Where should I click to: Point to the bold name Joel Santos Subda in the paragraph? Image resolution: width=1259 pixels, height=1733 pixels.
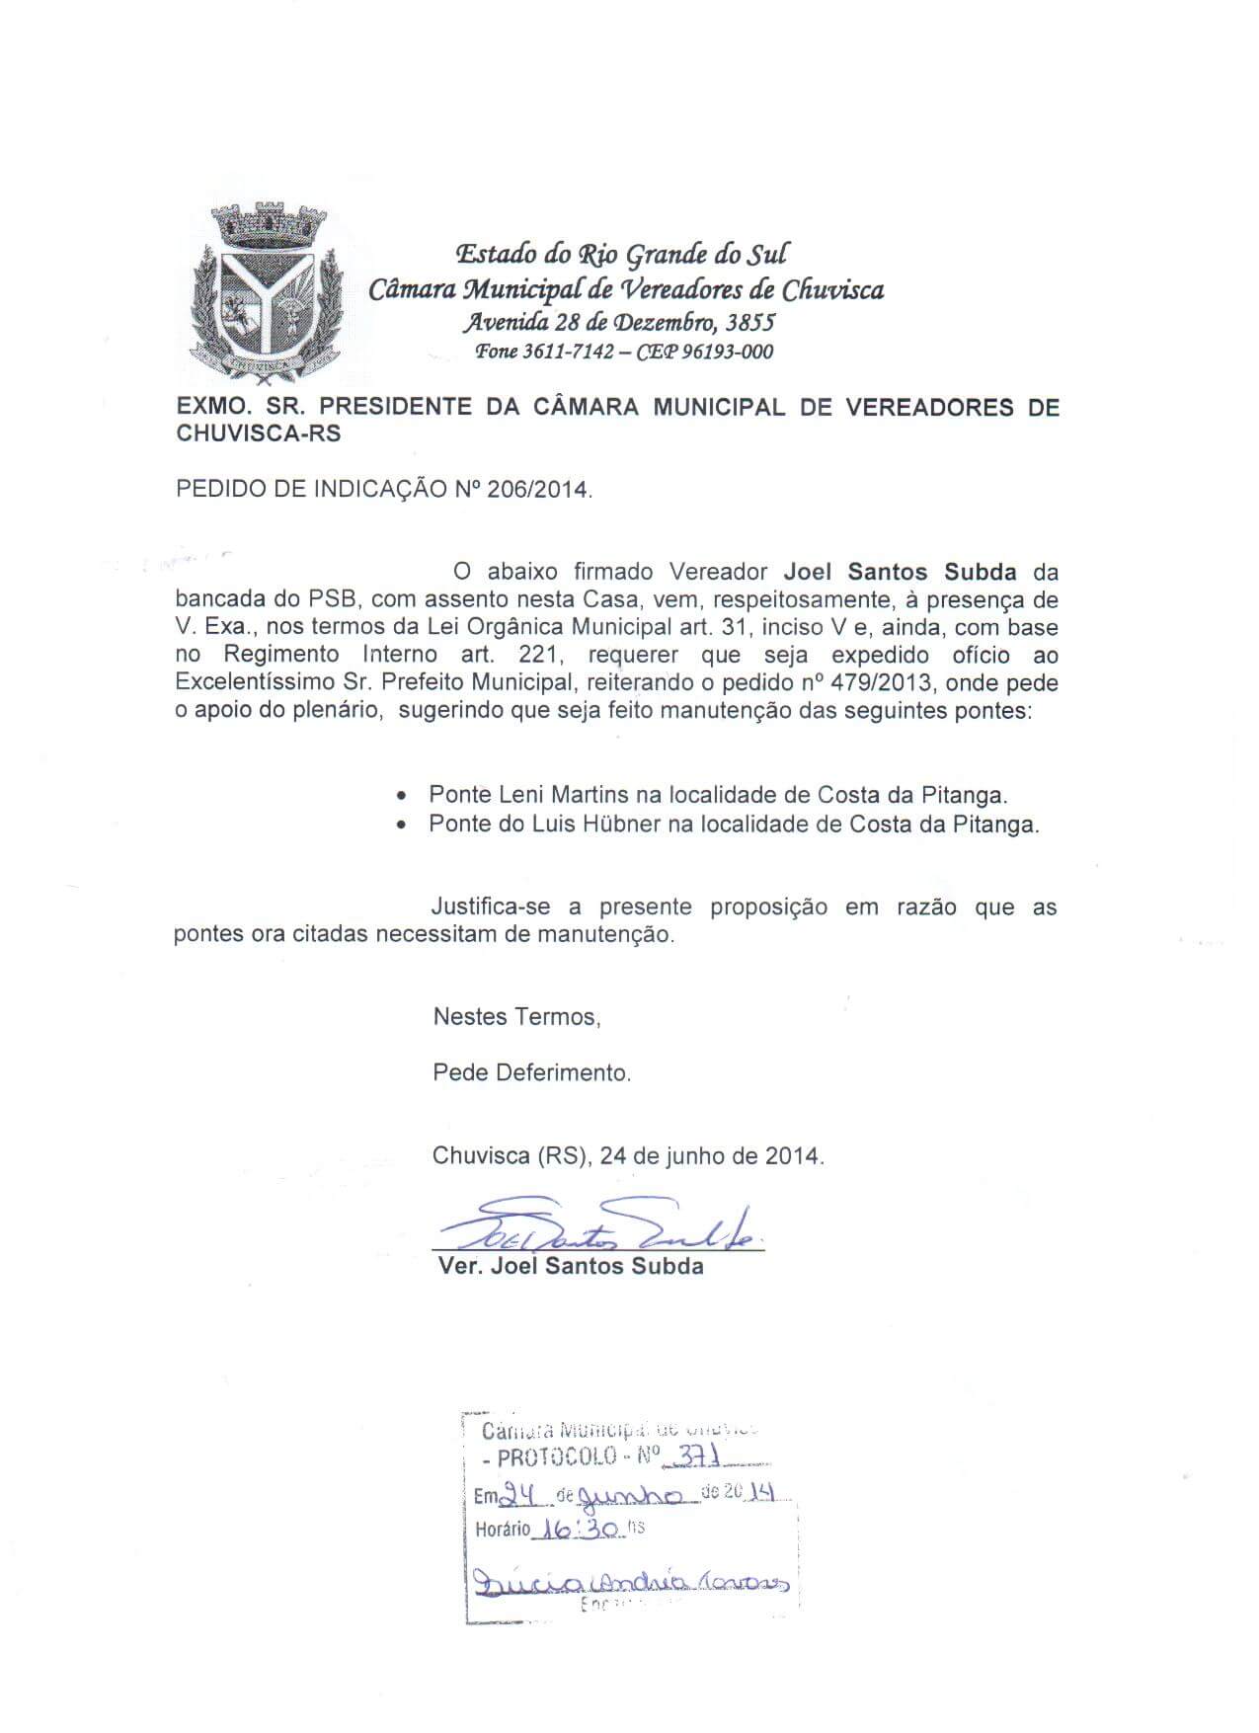[x=900, y=572]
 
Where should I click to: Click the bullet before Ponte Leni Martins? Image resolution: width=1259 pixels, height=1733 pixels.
[x=400, y=796]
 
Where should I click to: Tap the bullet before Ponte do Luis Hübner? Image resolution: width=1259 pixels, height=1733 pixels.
[x=400, y=826]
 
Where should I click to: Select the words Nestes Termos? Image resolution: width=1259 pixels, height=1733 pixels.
[x=515, y=1016]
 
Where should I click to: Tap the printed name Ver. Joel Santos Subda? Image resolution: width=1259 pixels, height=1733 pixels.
[x=570, y=1266]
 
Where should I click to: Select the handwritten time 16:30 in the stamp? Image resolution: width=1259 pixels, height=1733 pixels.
[x=577, y=1529]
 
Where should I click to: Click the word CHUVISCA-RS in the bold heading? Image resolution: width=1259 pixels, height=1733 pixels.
[x=258, y=433]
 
